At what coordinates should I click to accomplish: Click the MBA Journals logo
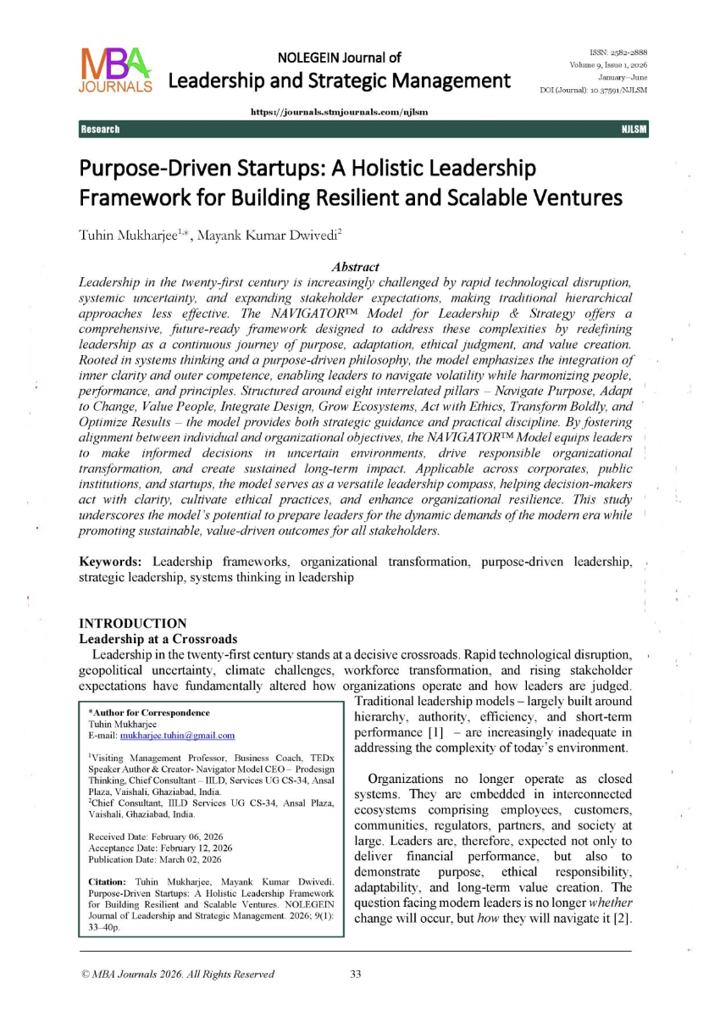[x=116, y=69]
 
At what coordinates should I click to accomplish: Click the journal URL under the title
[x=339, y=112]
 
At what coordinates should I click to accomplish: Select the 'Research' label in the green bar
[x=100, y=129]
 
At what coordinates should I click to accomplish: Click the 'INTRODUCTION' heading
[x=133, y=623]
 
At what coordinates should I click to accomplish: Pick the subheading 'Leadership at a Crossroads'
[x=158, y=638]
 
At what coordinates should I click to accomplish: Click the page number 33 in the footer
[x=356, y=975]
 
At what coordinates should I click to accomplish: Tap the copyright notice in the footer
[x=177, y=975]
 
